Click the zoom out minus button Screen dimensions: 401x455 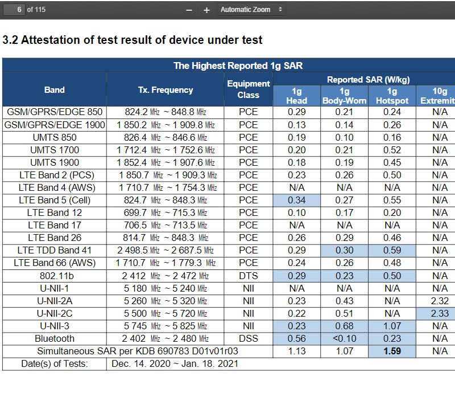pos(189,10)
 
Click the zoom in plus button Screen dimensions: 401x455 pos(206,10)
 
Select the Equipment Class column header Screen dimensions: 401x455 pos(249,89)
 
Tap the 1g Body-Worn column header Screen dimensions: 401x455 pos(345,96)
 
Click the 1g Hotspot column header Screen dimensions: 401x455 pos(392,96)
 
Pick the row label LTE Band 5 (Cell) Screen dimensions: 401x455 pos(55,200)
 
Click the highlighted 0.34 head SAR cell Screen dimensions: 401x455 pos(297,200)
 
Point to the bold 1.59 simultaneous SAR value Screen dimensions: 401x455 pos(392,351)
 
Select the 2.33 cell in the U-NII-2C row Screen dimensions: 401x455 pos(440,313)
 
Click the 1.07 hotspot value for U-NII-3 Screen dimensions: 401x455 pos(392,326)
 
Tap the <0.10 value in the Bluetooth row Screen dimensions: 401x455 pos(345,338)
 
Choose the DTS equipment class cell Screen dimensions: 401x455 pos(249,276)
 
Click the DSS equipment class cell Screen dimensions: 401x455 pos(249,338)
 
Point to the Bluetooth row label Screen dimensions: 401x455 pos(55,338)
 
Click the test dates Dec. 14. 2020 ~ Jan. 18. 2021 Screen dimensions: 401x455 pos(175,363)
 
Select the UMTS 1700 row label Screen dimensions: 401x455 pos(55,150)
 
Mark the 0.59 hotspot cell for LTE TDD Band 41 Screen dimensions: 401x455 pos(392,250)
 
